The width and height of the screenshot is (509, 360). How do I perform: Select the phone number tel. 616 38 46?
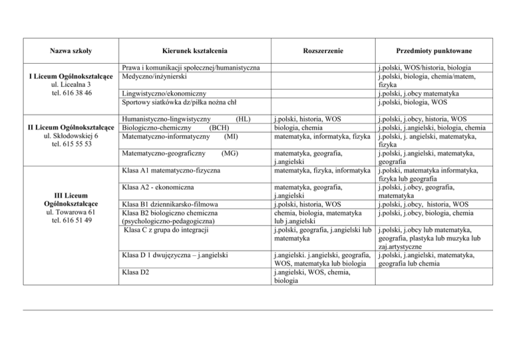[65, 93]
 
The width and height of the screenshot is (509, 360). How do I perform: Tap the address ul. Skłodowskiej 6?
[65, 136]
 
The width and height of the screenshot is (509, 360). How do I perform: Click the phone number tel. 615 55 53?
[65, 145]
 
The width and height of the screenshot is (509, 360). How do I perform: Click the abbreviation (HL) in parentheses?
[243, 119]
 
